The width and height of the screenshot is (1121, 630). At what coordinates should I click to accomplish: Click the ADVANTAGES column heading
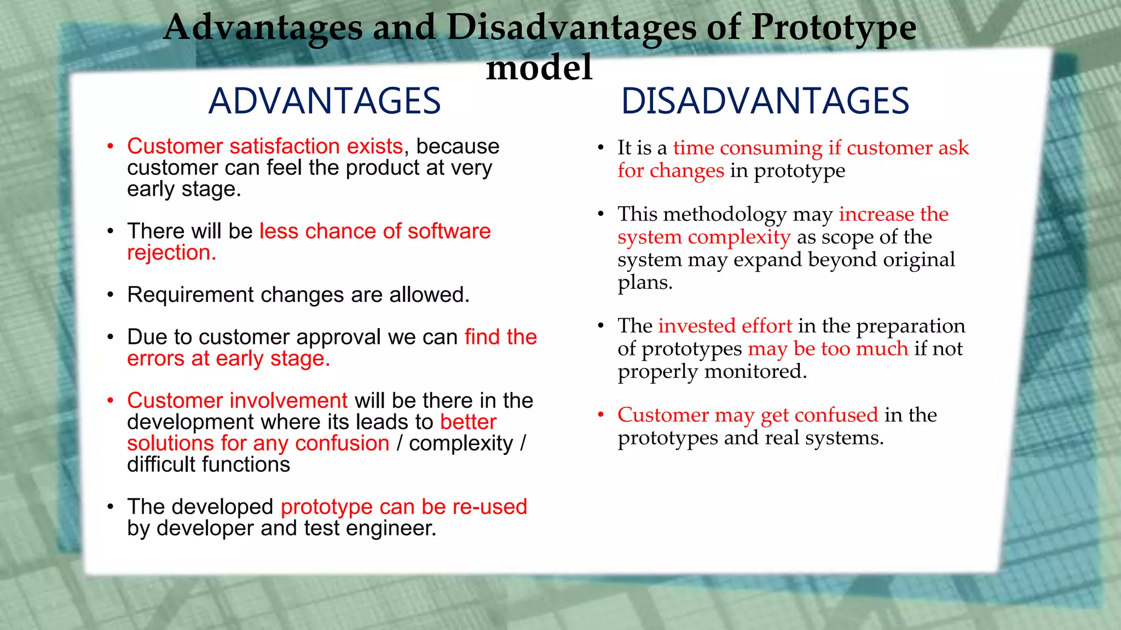pyautogui.click(x=325, y=101)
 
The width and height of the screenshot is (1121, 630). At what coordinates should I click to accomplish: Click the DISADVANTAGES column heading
pyautogui.click(x=765, y=101)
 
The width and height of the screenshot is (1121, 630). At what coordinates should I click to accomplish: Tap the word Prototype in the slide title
pyautogui.click(x=833, y=27)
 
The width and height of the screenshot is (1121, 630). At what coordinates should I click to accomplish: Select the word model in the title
pyautogui.click(x=539, y=68)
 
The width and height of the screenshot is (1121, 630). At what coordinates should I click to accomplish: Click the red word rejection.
pyautogui.click(x=171, y=253)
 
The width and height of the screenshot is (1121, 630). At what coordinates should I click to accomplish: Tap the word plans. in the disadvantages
pyautogui.click(x=645, y=283)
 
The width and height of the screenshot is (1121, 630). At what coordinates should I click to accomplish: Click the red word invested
pyautogui.click(x=697, y=326)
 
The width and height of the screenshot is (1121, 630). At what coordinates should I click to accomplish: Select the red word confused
pyautogui.click(x=836, y=415)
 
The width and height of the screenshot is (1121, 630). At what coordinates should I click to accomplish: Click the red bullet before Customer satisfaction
pyautogui.click(x=111, y=147)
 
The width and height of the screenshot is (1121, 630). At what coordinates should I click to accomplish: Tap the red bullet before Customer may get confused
pyautogui.click(x=600, y=415)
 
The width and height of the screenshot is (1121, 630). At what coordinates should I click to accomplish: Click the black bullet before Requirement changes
pyautogui.click(x=111, y=295)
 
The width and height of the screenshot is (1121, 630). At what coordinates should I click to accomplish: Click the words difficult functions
pyautogui.click(x=208, y=465)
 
